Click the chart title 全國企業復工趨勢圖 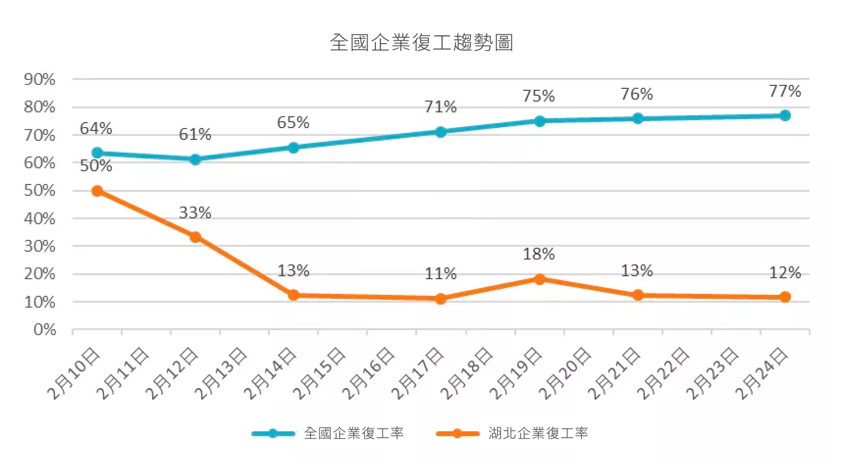422,43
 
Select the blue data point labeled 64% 97,153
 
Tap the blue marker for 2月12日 195,159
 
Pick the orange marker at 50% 97,191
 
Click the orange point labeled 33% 195,237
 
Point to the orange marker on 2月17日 441,299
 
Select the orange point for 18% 539,279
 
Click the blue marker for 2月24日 785,116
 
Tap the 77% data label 785,91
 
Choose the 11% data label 441,274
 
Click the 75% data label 539,96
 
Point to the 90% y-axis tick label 40,79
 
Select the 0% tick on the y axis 45,330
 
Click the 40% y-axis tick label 40,219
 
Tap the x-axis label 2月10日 74,373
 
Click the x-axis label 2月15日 319,373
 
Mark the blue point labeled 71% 441,132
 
